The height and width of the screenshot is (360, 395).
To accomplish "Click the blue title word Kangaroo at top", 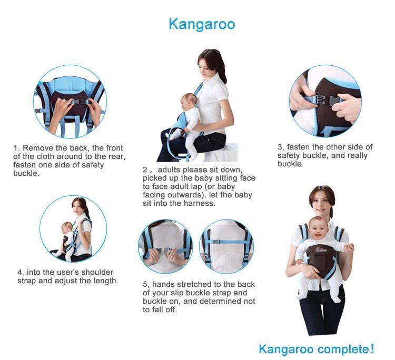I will tap(202, 24).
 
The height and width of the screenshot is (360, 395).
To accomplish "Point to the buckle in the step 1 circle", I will tap(78, 102).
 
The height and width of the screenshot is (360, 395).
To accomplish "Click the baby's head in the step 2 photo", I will tap(189, 100).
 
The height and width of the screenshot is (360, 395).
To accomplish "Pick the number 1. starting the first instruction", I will tap(16, 148).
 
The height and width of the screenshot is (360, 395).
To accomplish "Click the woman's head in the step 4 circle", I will tap(80, 205).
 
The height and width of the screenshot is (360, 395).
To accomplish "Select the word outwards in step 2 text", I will tap(174, 195).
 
